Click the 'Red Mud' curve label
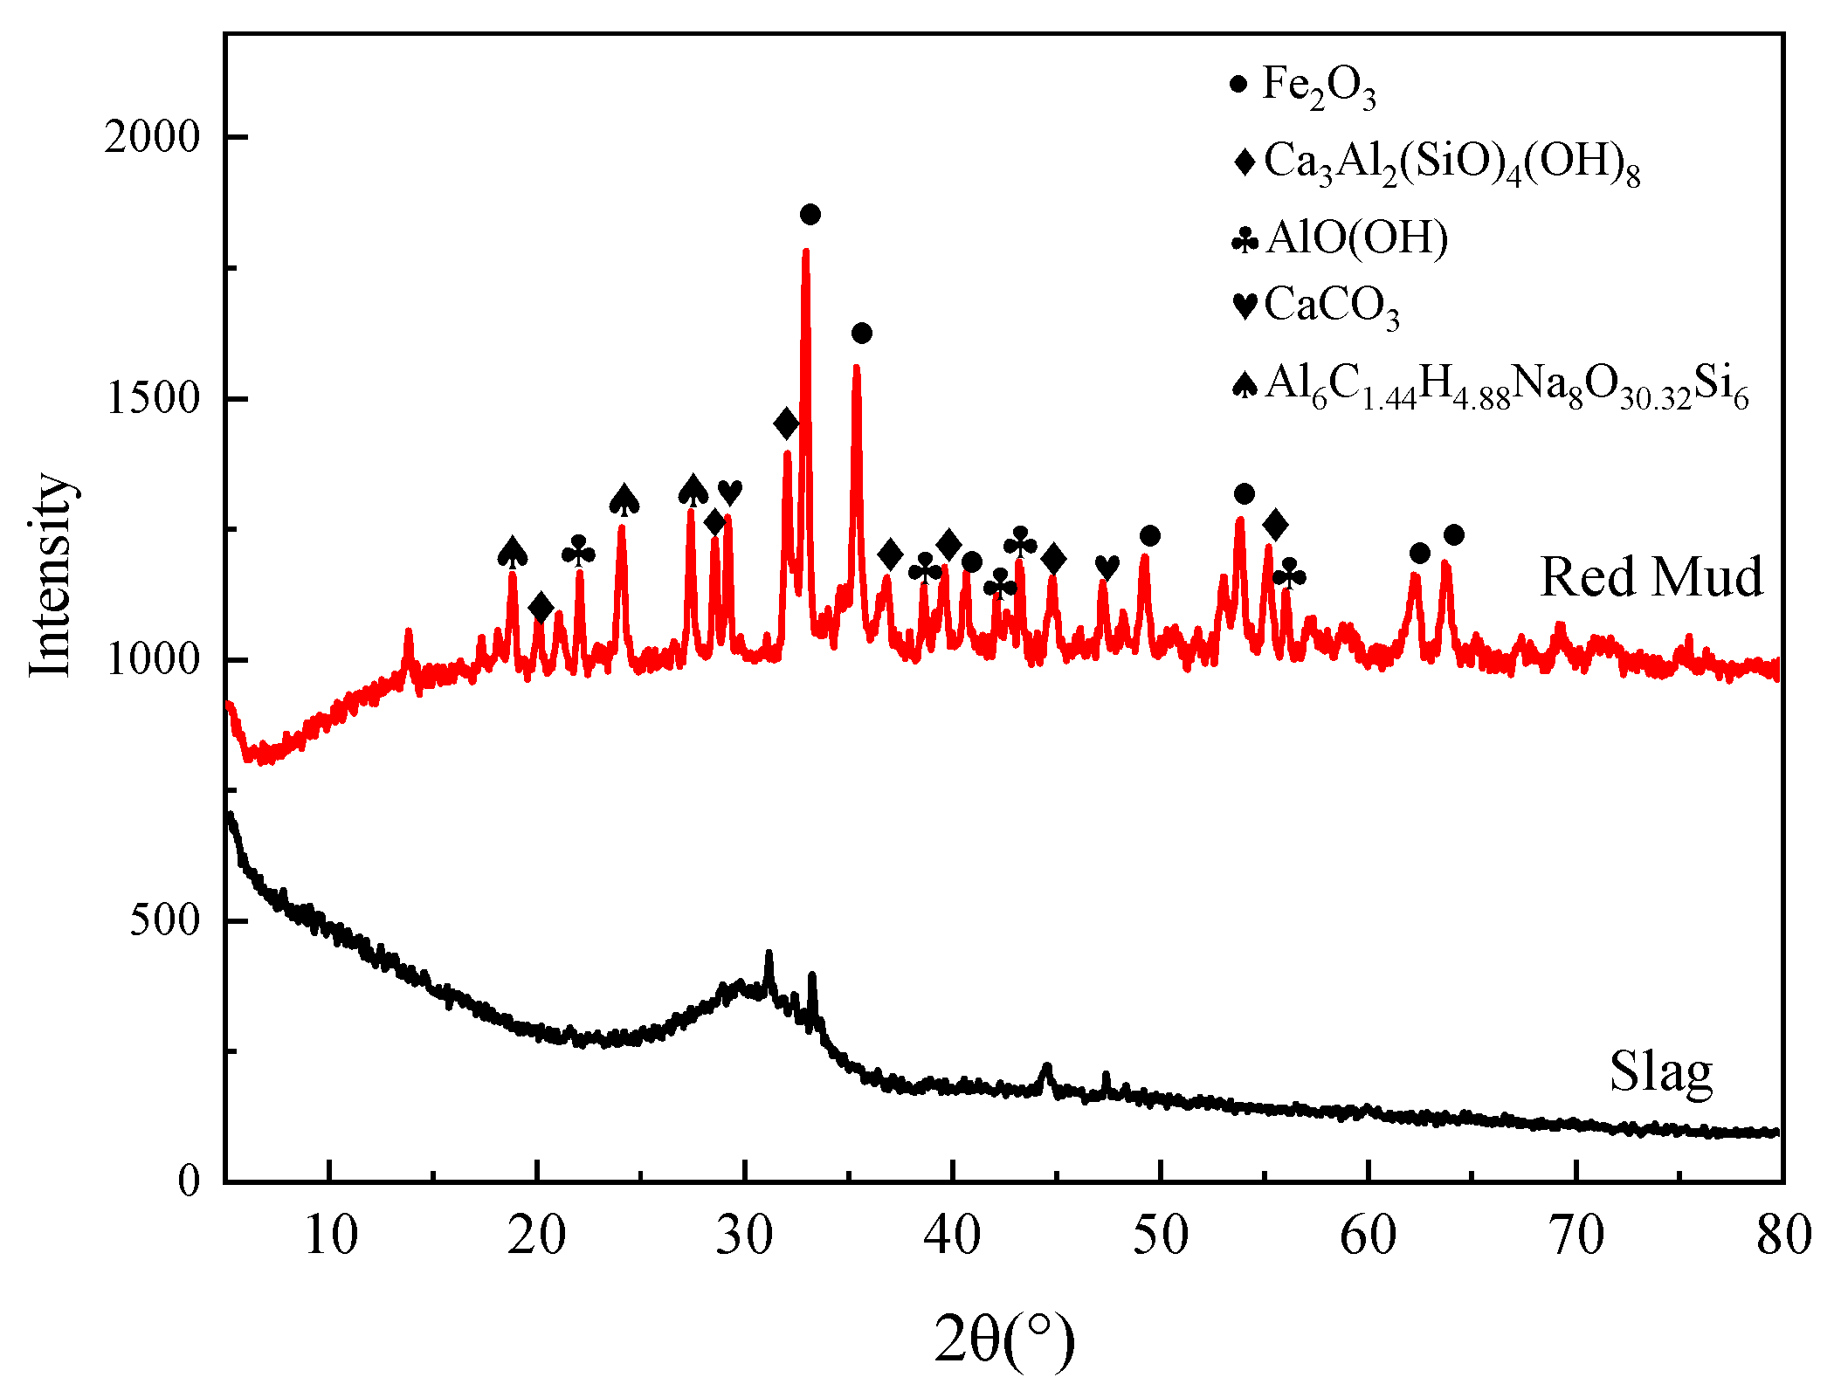tap(1651, 577)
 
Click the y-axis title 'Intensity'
tap(50, 574)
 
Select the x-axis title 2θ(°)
tap(1004, 1338)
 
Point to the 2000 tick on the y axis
tap(152, 137)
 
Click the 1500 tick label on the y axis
tap(152, 399)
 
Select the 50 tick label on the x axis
tap(1160, 1235)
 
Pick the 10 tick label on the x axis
tap(330, 1235)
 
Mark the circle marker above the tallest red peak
tap(810, 214)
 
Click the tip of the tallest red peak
tap(805, 251)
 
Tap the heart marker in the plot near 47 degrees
tap(1107, 567)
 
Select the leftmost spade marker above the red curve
tap(513, 552)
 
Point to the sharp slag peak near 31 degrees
tap(769, 954)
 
